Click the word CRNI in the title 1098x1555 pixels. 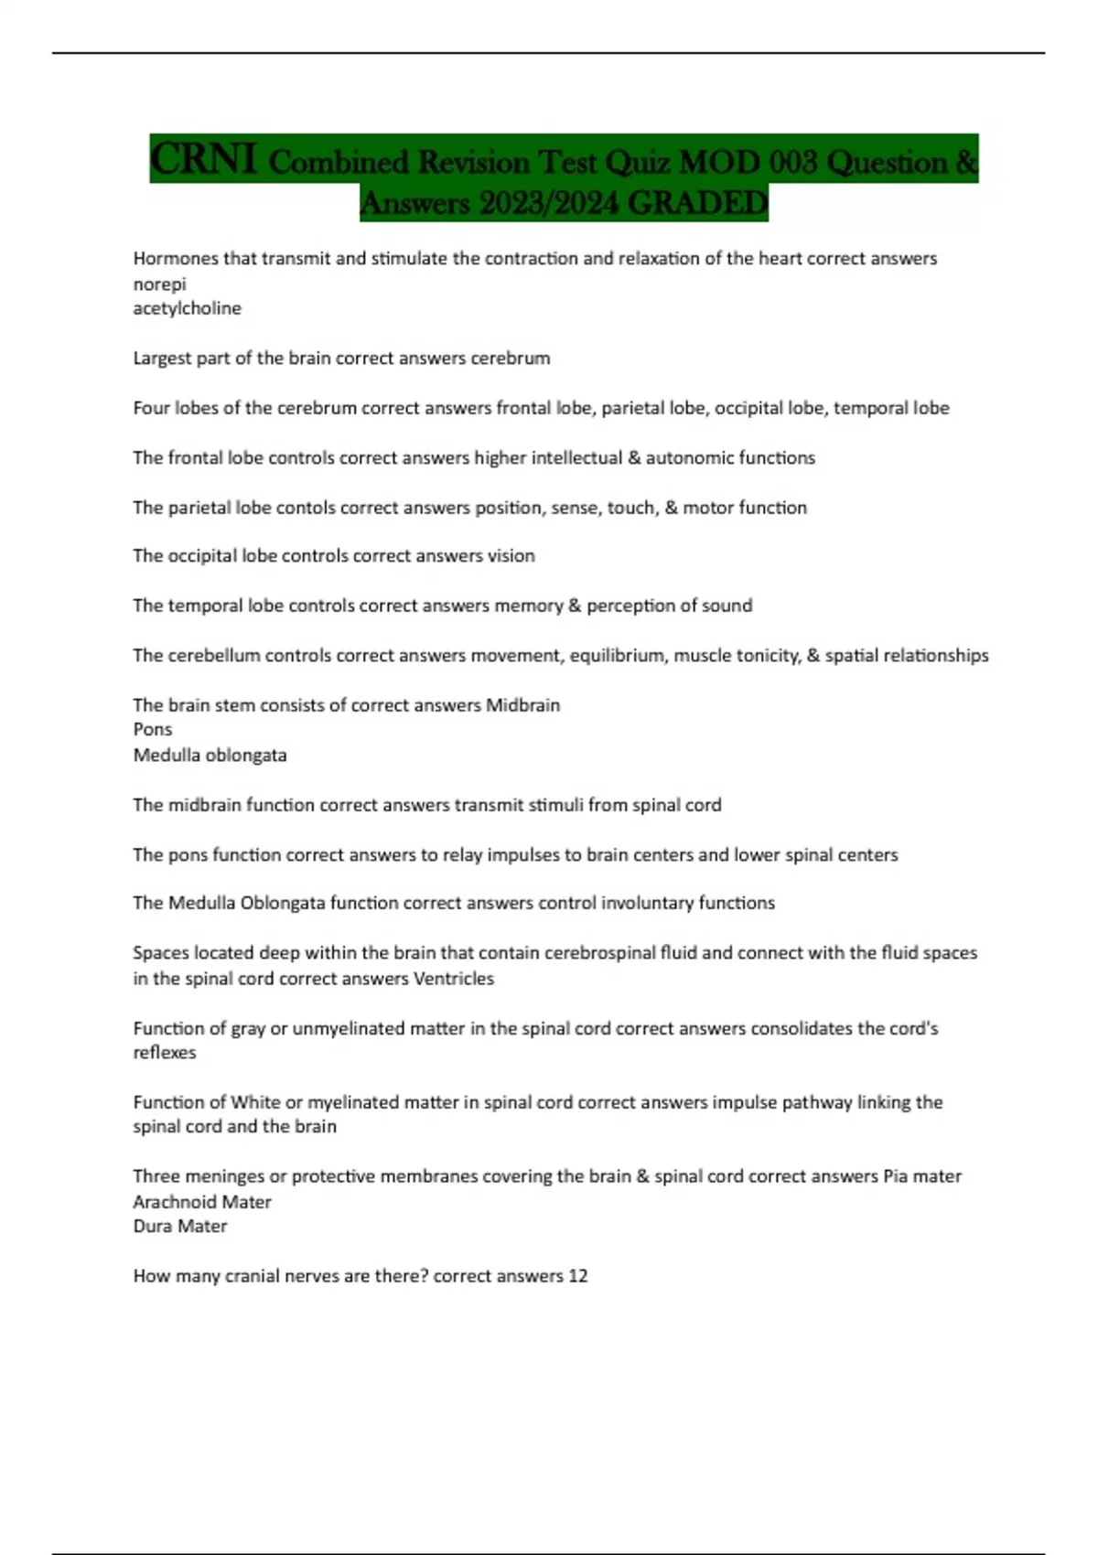click(202, 159)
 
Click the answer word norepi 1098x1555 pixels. click(159, 284)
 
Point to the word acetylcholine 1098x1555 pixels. click(187, 309)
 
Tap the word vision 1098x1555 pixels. click(511, 556)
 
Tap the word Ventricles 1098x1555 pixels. click(453, 979)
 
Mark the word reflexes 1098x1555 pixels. click(165, 1053)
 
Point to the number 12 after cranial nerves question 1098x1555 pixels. click(577, 1276)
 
